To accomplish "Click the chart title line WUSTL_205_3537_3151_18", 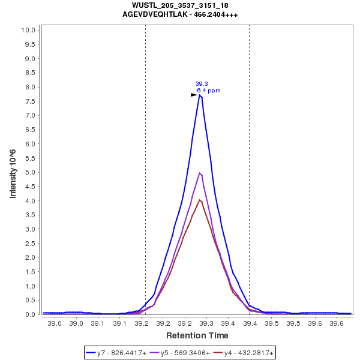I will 179,5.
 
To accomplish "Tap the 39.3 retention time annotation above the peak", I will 202,83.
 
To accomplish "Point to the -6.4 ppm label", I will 208,91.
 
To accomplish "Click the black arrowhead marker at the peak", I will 194,95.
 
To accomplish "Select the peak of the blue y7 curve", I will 200,95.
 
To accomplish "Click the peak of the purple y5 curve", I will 200,173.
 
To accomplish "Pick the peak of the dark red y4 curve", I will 200,200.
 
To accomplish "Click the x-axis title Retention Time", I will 197,335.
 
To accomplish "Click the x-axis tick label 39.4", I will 250,324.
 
